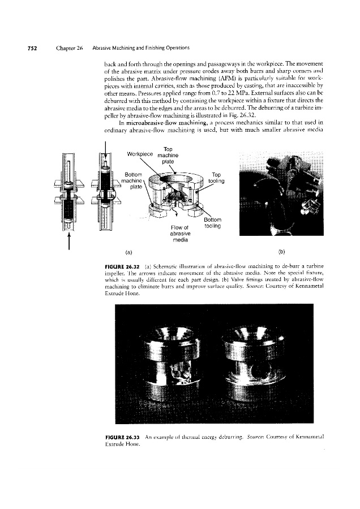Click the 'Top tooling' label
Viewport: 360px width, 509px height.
coord(216,178)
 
